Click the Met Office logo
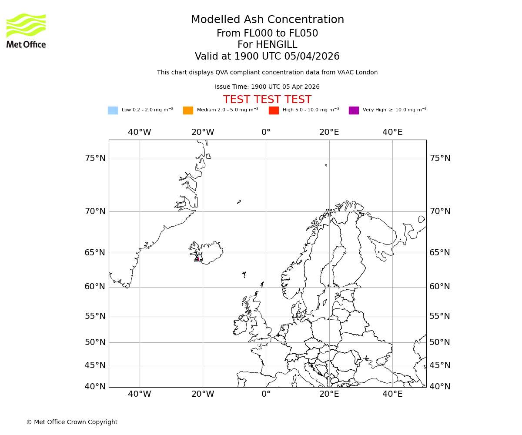click(x=26, y=30)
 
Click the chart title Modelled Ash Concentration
click(x=267, y=20)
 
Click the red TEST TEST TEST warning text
click(x=267, y=100)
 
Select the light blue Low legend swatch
click(x=113, y=110)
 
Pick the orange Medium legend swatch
click(x=188, y=110)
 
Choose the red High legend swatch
click(x=274, y=110)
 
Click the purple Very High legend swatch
click(x=354, y=110)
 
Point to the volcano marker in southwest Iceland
click(x=198, y=258)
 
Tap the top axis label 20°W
click(x=203, y=132)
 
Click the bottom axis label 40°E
click(x=392, y=394)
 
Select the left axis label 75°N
click(x=95, y=158)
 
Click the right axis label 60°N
click(x=440, y=287)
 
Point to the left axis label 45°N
click(x=95, y=365)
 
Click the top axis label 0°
click(x=266, y=132)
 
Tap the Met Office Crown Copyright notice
click(x=72, y=422)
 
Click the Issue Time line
click(x=267, y=87)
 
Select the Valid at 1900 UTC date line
click(x=267, y=57)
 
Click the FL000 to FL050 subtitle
click(x=267, y=33)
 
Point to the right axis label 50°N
click(x=440, y=342)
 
